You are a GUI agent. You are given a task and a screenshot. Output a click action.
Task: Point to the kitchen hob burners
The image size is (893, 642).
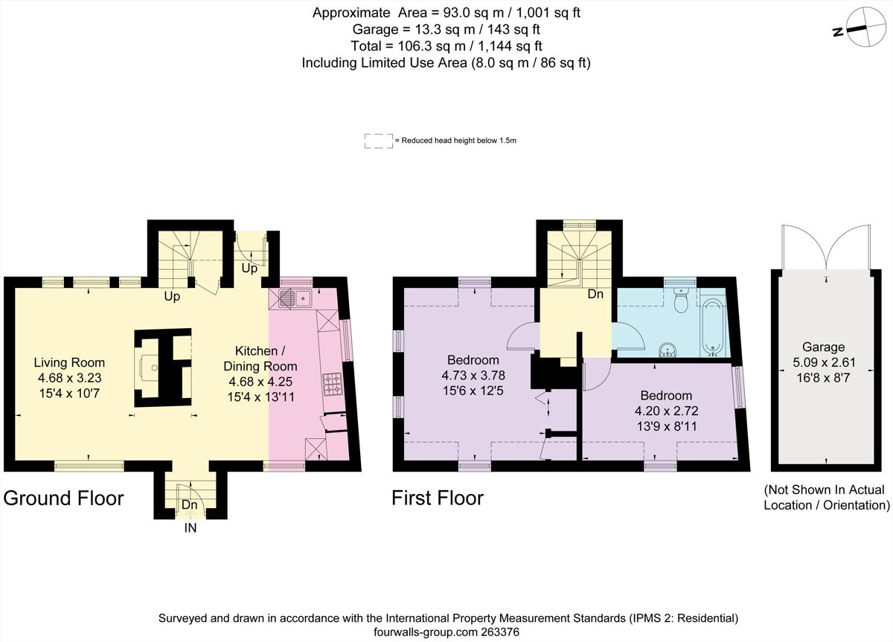click(332, 384)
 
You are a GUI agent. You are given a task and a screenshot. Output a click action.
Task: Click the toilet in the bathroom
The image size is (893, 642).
click(679, 301)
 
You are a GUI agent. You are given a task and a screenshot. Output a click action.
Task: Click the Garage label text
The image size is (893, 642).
click(823, 347)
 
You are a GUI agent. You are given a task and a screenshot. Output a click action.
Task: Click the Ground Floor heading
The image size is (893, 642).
click(63, 498)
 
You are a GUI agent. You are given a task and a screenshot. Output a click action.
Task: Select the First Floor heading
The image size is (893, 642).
click(438, 498)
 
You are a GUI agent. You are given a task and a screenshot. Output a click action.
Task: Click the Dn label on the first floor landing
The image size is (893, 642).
click(595, 294)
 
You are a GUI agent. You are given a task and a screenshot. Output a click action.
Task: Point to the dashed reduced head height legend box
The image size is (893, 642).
click(378, 141)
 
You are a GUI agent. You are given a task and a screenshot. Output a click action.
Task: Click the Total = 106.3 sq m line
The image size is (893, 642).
click(446, 46)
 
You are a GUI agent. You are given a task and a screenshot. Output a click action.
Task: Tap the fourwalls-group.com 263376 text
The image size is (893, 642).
click(446, 632)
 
